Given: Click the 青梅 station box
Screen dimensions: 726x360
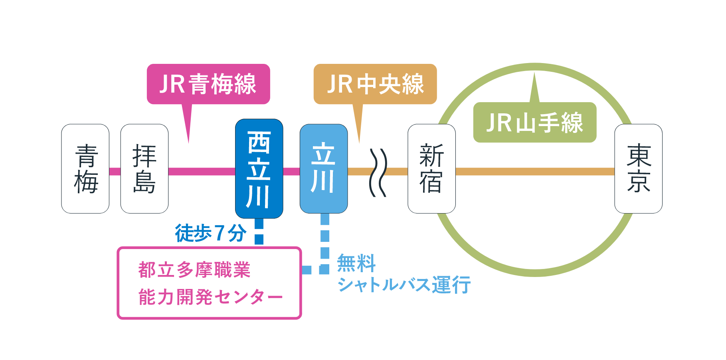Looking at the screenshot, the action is [85, 168].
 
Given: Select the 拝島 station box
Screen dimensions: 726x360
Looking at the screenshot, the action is [144, 168].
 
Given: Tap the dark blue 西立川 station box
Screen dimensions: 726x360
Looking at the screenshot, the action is [259, 168].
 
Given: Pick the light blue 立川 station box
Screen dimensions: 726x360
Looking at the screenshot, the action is [324, 168].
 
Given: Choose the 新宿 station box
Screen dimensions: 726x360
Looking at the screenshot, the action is [431, 168].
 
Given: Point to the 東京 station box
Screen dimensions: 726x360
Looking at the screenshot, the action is [639, 168].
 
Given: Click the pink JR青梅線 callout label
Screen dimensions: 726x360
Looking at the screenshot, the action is [208, 84].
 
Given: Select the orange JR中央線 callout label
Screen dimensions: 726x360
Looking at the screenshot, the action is [375, 84].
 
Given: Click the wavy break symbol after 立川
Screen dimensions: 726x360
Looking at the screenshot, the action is [378, 172].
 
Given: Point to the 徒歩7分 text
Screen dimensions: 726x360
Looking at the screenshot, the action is [211, 233].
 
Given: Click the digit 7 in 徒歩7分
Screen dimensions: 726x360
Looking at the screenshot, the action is [219, 233].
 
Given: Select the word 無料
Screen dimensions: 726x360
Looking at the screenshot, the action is [356, 263].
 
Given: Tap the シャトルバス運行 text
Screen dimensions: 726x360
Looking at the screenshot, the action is [404, 285].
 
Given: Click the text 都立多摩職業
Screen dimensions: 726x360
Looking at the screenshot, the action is [194, 270].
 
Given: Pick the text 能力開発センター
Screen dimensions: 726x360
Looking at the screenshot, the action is [210, 297].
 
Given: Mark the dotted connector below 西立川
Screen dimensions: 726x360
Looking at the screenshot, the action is [259, 231].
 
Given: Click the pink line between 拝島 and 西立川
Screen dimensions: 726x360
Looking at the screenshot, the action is [202, 172].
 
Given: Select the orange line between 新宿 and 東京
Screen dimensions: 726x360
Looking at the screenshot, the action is [535, 172].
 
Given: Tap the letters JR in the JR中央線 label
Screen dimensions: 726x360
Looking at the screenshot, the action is [340, 84].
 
